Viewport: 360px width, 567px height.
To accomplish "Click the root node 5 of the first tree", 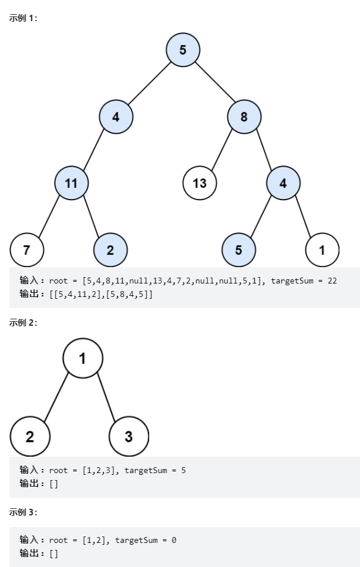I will point(183,50).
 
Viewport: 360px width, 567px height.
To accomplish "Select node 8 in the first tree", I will point(244,116).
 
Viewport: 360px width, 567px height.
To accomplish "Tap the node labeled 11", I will point(71,183).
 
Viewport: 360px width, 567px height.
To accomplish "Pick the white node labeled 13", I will point(200,183).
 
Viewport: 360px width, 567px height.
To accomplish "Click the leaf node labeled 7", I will point(26,249).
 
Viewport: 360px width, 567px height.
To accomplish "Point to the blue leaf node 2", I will point(110,249).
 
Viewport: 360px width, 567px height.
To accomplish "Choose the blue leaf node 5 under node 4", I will point(238,249).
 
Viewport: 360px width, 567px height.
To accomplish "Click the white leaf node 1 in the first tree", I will point(322,249).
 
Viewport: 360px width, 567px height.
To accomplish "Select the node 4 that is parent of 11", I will point(116,116).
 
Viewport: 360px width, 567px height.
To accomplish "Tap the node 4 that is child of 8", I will point(283,183).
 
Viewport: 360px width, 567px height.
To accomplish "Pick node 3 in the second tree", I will point(129,436).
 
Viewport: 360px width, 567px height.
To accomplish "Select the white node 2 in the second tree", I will point(30,436).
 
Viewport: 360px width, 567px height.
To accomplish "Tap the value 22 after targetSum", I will point(332,281).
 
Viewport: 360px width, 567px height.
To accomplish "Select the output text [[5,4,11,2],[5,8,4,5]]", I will point(100,293).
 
